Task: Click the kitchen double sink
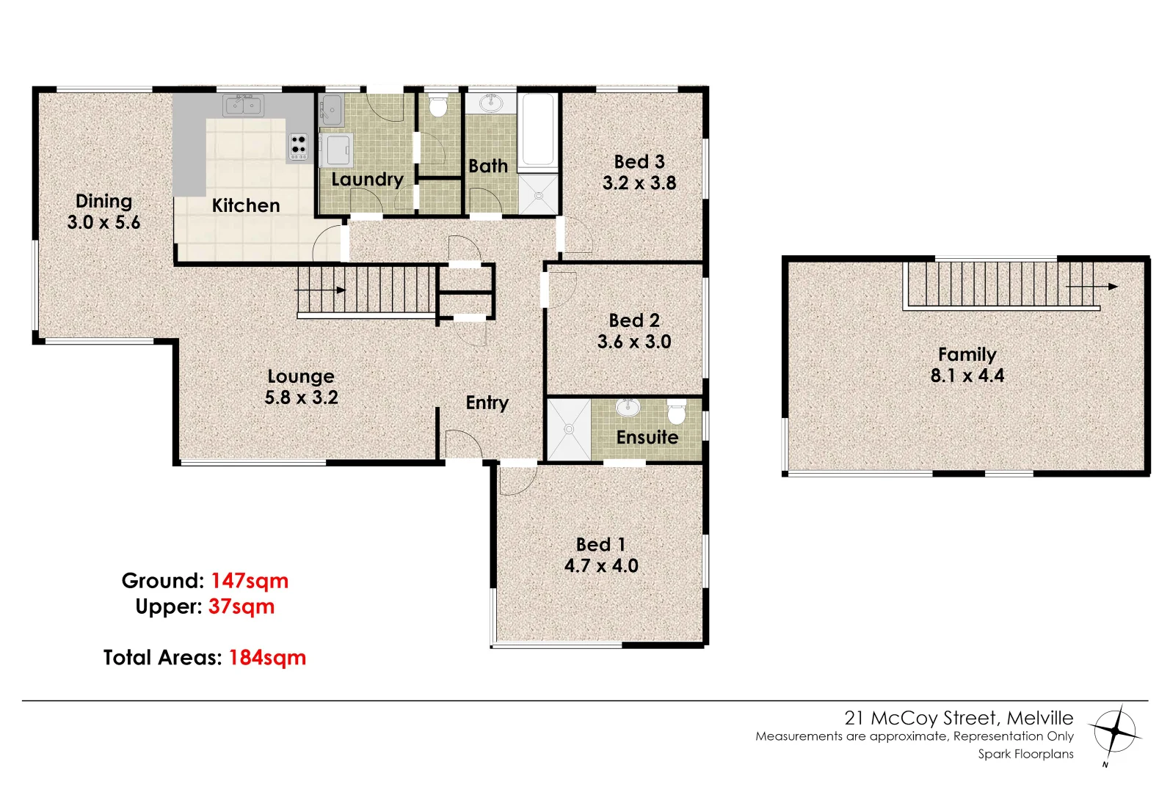pos(244,106)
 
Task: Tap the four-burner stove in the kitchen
pos(298,147)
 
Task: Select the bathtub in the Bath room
pos(538,131)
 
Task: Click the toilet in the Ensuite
pos(677,412)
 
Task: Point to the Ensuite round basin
pos(628,408)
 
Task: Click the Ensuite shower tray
pos(569,430)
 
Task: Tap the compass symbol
pos(1116,731)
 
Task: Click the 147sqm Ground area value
pos(250,581)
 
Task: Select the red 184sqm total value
pos(267,658)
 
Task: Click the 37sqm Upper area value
pos(241,607)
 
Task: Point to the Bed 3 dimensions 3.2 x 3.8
pos(639,183)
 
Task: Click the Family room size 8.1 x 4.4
pos(967,376)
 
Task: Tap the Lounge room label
pos(301,377)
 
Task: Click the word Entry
pos(487,403)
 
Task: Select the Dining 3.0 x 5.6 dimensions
pos(103,223)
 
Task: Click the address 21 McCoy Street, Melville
pos(959,718)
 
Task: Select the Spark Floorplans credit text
pos(1025,754)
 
